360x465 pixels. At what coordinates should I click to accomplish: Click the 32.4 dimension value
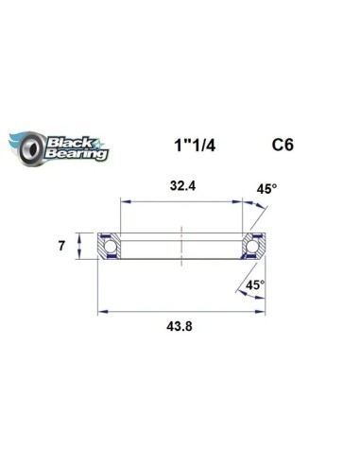[x=182, y=186]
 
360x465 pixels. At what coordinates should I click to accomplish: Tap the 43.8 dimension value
[x=180, y=326]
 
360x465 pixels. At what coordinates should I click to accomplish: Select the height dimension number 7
[x=61, y=246]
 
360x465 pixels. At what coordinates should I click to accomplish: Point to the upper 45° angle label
[x=266, y=189]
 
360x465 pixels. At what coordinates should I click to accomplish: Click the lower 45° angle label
[x=255, y=285]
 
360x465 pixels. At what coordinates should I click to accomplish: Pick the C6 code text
[x=283, y=145]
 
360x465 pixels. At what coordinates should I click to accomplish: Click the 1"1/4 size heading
[x=195, y=146]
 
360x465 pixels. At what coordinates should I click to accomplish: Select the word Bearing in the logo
[x=77, y=153]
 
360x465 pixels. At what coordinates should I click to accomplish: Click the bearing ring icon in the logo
[x=31, y=148]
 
